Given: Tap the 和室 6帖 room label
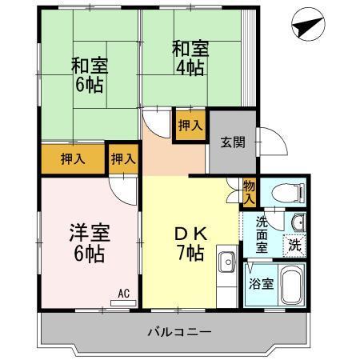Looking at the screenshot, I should pos(89,74).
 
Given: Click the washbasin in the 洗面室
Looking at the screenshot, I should pos(298,222).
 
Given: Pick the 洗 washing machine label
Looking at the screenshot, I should pos(295,244).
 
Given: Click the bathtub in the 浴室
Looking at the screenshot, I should pos(292,286).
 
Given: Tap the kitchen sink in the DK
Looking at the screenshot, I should pos(227,261).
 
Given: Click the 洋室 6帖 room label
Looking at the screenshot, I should pos(89,243).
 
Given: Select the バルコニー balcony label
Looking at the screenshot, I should pos(178,331).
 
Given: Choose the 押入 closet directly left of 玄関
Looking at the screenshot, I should pos(190,126).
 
